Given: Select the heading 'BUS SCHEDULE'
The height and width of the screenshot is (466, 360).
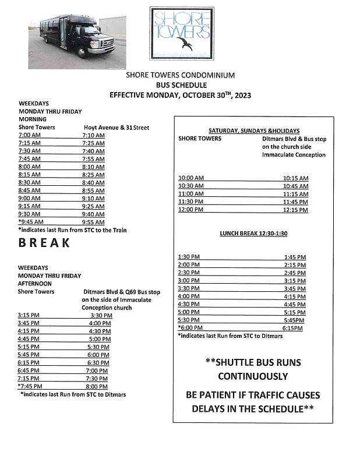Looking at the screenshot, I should click(x=181, y=84).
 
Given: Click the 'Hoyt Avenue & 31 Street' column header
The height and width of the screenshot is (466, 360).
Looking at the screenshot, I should click(x=117, y=127).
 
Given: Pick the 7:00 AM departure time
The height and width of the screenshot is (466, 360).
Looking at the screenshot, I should click(x=29, y=135).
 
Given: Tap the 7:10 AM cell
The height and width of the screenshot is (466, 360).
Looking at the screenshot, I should click(x=93, y=135).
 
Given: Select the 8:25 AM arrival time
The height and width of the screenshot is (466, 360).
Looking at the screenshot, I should click(x=93, y=175).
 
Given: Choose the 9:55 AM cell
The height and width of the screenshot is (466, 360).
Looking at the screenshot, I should click(x=93, y=222).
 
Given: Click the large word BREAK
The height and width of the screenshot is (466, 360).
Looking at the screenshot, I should click(x=44, y=243).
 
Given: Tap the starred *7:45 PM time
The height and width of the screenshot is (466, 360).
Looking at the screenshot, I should click(x=29, y=386).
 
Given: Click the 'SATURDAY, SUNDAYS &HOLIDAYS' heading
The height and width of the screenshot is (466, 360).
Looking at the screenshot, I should click(x=254, y=130).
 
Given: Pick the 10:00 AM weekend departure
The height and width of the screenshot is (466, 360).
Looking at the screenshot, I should click(x=190, y=178).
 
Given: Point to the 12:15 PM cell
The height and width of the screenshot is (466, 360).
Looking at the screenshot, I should click(x=295, y=210).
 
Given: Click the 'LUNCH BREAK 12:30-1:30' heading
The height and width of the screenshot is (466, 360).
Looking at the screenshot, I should click(x=254, y=233).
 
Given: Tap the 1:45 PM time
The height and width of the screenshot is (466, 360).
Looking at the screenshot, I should click(x=295, y=257).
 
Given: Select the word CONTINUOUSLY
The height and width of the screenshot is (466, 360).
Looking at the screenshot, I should click(x=253, y=376).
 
